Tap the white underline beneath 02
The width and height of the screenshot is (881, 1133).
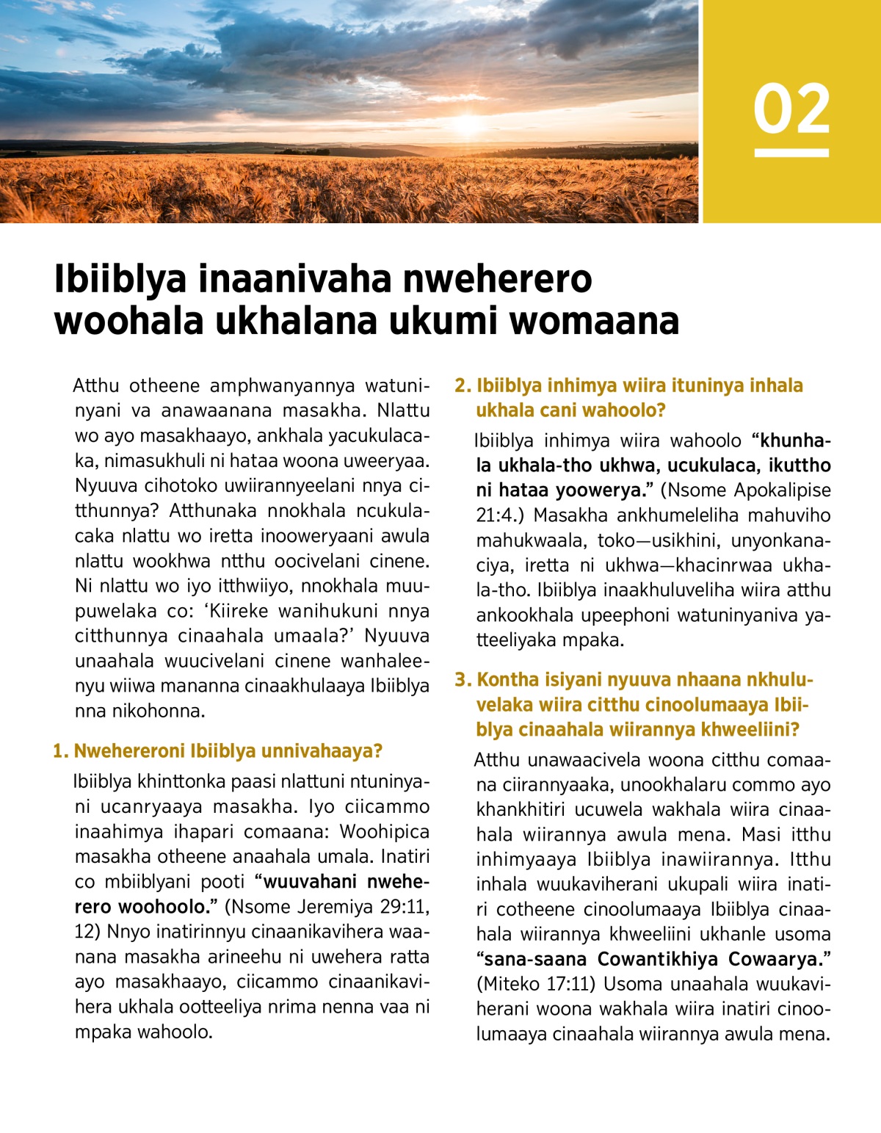[x=791, y=153]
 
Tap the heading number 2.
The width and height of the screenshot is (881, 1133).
[x=462, y=385]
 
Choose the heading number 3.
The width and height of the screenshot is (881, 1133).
[x=462, y=680]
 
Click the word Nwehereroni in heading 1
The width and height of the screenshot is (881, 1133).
[x=131, y=751]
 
